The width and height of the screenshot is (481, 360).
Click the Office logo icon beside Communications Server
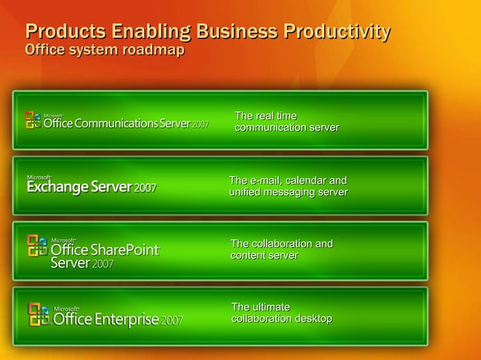tap(33, 121)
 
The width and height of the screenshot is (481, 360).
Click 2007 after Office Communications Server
tap(200, 124)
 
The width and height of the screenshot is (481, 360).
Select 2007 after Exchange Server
tap(145, 188)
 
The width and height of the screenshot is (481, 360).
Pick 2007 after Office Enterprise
tap(172, 320)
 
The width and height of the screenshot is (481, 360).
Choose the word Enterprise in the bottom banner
tap(126, 319)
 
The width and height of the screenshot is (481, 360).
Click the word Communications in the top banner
tap(116, 124)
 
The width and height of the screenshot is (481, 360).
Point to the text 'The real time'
tap(265, 116)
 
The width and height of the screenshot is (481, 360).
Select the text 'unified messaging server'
tap(288, 193)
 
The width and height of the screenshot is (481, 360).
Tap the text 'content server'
tap(264, 256)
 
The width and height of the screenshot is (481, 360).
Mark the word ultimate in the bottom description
tap(271, 307)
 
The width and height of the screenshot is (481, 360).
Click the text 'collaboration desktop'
tap(281, 319)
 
